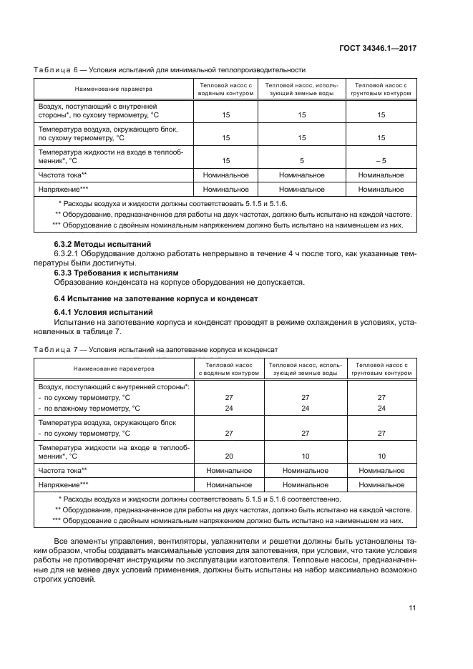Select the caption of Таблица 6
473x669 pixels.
point(170,70)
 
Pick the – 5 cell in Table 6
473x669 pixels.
point(381,161)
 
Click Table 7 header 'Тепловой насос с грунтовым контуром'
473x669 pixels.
point(381,368)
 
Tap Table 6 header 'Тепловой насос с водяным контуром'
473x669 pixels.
point(226,89)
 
